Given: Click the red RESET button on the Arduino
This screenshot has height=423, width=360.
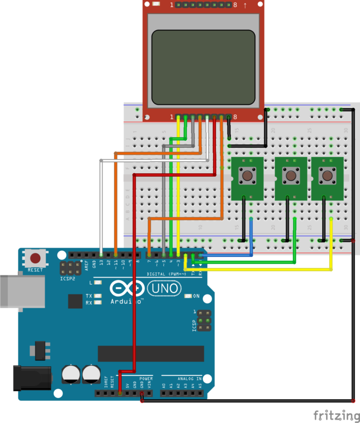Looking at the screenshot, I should tap(35, 258).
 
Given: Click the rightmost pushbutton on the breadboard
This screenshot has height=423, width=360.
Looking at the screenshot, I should tap(327, 175).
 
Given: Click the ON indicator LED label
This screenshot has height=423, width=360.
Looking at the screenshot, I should tap(196, 296).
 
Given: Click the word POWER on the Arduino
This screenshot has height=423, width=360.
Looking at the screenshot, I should tap(146, 378).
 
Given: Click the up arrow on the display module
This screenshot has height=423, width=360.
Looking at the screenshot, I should tap(245, 5).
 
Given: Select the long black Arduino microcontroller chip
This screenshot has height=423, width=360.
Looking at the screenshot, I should tap(151, 353).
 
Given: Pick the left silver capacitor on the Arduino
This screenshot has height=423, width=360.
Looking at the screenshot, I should tap(72, 375).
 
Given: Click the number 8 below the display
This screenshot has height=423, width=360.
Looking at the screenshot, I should tap(235, 117).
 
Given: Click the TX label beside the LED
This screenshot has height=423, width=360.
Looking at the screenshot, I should tap(89, 296).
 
